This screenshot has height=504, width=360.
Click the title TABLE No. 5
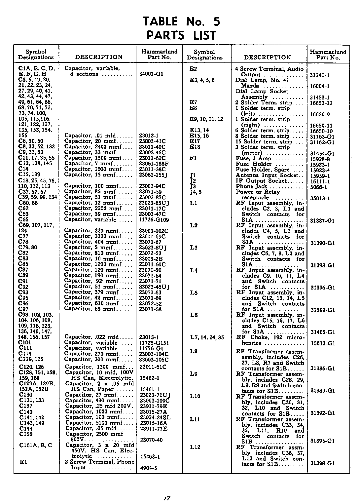point(181,21)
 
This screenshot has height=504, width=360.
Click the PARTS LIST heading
point(181,35)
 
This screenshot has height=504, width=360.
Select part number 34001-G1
point(151,74)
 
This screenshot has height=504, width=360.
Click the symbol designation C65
point(23,219)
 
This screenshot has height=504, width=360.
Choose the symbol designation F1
point(193,158)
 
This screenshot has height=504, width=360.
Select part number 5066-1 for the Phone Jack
point(318,187)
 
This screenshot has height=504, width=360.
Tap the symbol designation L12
point(195,447)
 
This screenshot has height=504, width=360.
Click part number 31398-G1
point(322,463)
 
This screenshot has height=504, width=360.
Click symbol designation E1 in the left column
point(23,462)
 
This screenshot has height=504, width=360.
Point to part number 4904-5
point(149,468)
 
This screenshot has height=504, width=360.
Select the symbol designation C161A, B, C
point(36,445)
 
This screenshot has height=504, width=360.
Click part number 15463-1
point(150,456)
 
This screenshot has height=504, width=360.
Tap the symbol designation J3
point(193,186)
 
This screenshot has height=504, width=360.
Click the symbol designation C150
point(26,434)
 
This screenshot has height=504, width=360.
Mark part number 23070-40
point(151,440)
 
